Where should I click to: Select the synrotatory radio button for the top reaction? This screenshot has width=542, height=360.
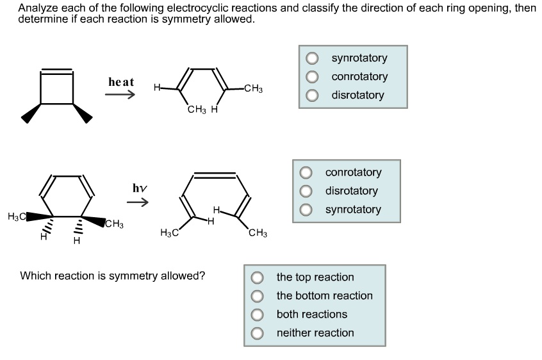312,58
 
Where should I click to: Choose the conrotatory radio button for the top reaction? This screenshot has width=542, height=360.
312,77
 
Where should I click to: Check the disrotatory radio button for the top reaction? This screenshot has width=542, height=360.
312,95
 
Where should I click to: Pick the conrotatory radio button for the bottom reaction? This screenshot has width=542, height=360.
306,172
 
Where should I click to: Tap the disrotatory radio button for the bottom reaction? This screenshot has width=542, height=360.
306,191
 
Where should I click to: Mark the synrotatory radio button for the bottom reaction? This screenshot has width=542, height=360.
306,209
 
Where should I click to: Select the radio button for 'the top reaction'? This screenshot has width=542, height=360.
258,277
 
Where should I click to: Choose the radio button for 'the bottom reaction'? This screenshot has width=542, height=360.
258,296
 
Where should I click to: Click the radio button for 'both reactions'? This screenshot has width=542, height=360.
258,315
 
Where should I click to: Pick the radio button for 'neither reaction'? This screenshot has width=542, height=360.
258,333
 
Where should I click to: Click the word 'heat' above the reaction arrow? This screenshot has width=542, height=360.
121,82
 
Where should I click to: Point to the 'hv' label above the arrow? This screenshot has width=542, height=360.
140,188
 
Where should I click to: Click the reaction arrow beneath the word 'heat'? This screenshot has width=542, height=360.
120,95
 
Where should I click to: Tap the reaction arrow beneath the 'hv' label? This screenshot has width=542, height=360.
137,203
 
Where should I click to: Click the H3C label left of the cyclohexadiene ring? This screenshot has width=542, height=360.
17,217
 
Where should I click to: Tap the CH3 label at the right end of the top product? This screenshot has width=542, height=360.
253,88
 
